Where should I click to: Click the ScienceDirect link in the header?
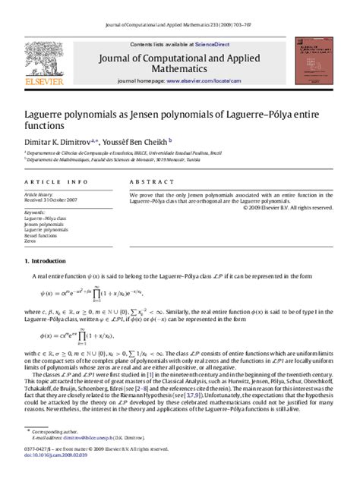[215, 44]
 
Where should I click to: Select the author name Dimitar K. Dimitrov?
[56, 142]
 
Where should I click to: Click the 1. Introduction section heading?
[51, 260]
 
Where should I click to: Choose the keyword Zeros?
[31, 240]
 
